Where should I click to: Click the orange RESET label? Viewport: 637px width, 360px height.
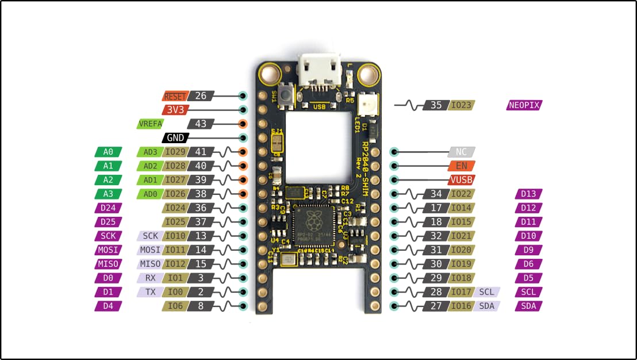point(175,97)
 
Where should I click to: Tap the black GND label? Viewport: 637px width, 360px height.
point(175,138)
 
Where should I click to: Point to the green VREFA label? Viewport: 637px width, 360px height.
point(151,124)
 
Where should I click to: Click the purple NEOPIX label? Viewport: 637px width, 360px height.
point(524,105)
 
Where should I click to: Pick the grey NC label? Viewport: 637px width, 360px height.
point(461,152)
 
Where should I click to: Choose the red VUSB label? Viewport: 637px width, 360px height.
point(461,180)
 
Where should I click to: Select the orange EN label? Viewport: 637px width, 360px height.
point(461,166)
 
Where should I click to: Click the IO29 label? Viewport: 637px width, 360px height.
point(175,152)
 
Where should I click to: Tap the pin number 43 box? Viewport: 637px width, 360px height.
point(201,124)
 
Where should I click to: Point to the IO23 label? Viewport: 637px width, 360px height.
point(461,105)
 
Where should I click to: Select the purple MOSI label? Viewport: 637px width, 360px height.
point(108,250)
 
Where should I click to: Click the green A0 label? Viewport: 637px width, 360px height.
point(108,152)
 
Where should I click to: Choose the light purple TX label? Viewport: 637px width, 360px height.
point(151,292)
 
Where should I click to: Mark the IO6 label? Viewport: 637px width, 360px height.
point(175,306)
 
